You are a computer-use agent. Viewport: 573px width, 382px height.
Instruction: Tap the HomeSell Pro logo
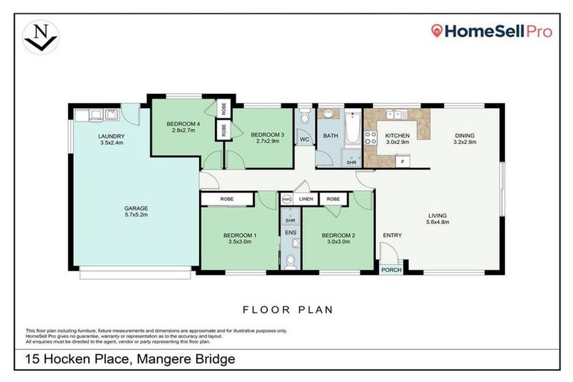coord(492,31)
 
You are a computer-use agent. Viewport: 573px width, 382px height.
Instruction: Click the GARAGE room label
coord(136,208)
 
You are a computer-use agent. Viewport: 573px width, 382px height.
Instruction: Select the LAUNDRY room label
coord(110,136)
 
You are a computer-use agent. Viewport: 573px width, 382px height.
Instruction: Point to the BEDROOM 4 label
coord(183,123)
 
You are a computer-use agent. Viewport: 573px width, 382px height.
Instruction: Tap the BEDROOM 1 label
coord(239,236)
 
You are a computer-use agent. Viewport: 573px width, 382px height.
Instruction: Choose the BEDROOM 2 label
coord(337,236)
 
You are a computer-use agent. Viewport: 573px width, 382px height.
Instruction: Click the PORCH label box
coord(390,270)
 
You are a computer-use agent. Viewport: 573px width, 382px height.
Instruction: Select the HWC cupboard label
coord(287,199)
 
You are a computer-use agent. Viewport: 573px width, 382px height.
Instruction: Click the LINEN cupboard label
coord(306,199)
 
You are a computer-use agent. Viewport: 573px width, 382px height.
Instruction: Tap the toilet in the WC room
coord(304,119)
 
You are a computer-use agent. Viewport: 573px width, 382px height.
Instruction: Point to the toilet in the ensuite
coord(290,260)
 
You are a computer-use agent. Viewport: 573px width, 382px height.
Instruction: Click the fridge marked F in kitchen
coord(403,160)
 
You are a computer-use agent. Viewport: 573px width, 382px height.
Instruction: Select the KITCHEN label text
coord(397,135)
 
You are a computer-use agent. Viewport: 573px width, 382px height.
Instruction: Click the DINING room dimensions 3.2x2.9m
coord(464,142)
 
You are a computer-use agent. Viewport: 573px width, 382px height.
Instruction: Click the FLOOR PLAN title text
coord(287,309)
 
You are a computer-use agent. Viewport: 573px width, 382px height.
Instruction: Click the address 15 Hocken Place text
coord(130,359)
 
